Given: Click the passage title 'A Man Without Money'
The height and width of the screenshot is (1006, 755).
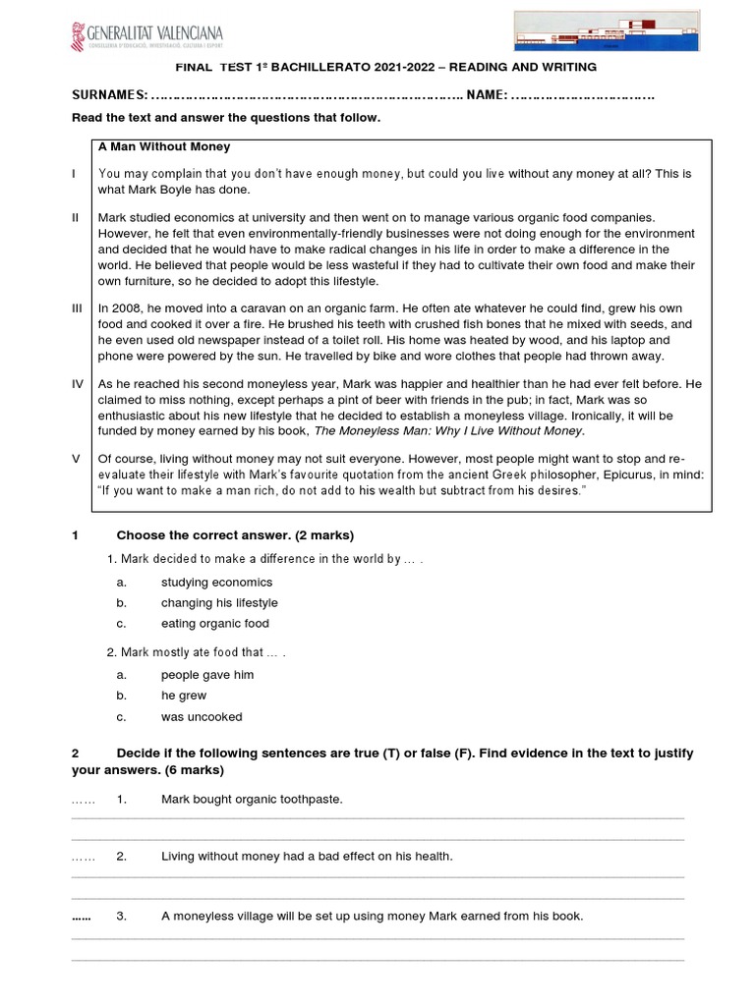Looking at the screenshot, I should tap(163, 147).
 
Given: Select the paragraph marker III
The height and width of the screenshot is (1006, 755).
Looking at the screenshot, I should tap(78, 308).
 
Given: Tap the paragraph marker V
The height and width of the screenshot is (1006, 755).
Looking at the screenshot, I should tap(77, 459).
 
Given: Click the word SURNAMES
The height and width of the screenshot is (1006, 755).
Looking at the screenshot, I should tap(109, 95).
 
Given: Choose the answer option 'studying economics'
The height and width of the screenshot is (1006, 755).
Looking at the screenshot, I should tap(216, 583).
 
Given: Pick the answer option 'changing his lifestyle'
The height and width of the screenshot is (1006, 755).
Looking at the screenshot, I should tap(219, 603).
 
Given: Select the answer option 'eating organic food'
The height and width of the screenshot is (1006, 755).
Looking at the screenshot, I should tap(214, 624).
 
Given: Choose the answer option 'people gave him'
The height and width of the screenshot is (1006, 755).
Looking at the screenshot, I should tap(207, 675).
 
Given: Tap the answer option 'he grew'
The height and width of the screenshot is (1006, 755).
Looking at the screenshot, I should tap(184, 696).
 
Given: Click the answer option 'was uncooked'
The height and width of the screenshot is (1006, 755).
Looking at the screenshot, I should tap(202, 717).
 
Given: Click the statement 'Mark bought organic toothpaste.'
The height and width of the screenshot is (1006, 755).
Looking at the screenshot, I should tap(252, 800).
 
